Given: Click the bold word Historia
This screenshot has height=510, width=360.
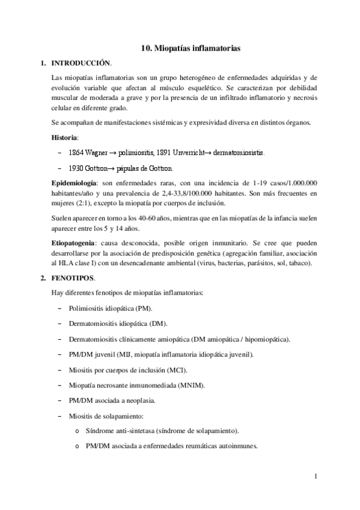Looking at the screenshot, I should pyautogui.click(x=64, y=137).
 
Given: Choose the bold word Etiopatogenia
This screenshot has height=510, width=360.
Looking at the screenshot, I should pyautogui.click(x=75, y=241).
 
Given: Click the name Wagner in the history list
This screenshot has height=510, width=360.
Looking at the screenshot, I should pyautogui.click(x=97, y=152).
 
